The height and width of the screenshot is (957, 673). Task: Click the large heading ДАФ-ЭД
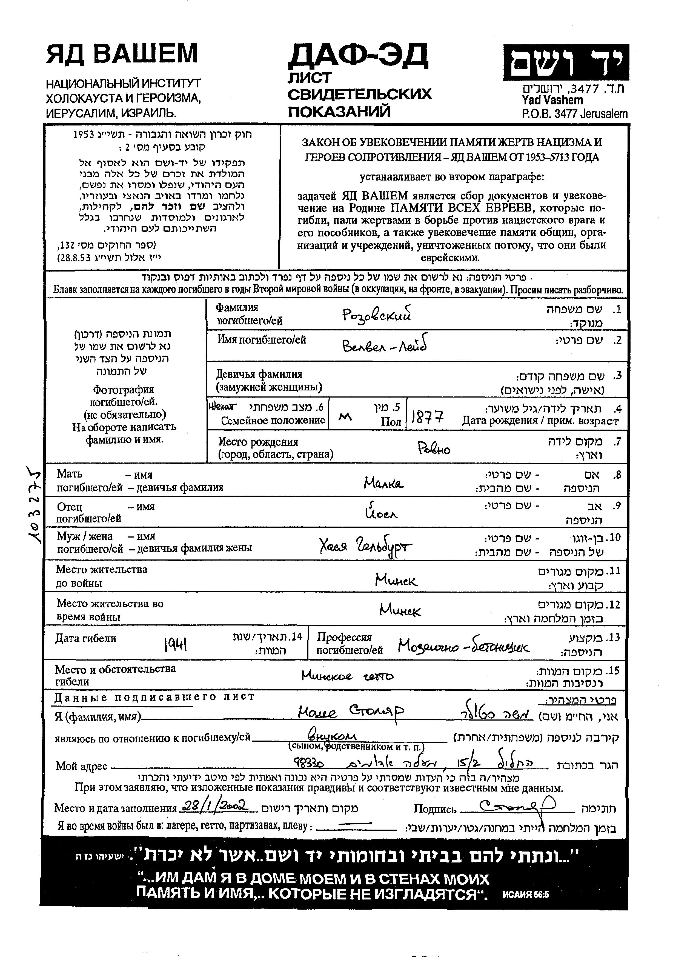(357, 56)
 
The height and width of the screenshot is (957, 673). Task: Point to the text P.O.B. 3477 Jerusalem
(574, 114)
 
